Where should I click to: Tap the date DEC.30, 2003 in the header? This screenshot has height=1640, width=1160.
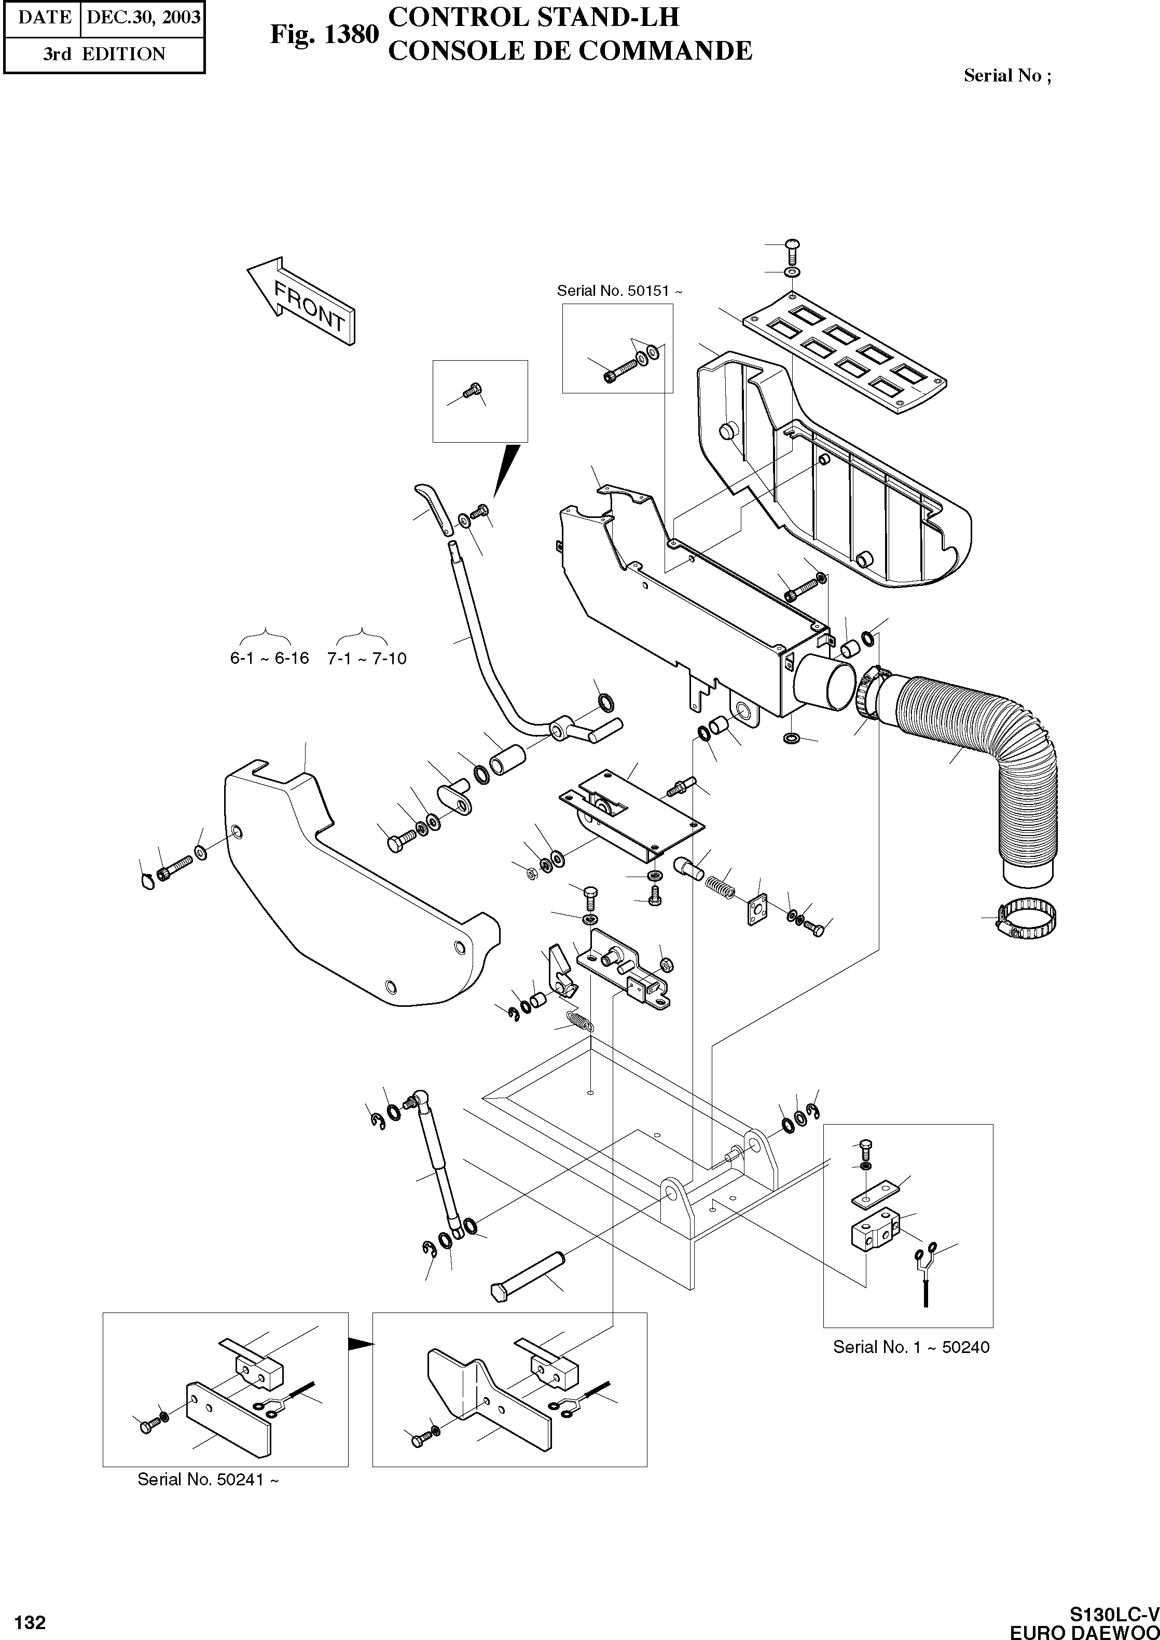143,17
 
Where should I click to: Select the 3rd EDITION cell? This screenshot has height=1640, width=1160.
104,54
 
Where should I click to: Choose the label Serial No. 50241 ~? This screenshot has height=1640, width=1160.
208,1479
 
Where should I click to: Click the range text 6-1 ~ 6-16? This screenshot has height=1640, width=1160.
269,658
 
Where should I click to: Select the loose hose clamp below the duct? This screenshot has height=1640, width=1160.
1027,921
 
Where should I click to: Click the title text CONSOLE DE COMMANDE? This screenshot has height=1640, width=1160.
569,51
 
